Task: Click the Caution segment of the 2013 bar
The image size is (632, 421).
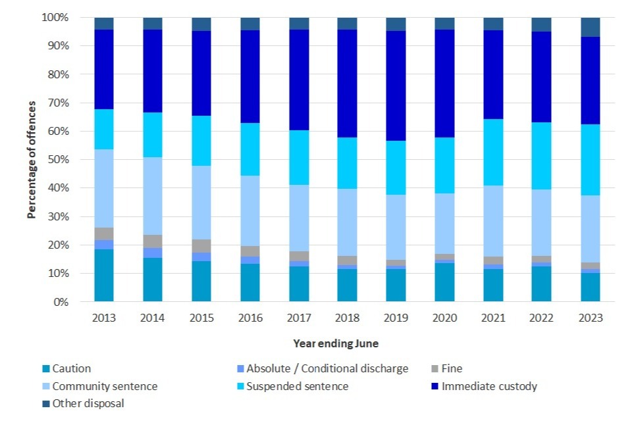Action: [x=104, y=275]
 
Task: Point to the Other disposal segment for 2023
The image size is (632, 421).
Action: [x=591, y=27]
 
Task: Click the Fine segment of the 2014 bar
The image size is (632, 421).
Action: [x=153, y=241]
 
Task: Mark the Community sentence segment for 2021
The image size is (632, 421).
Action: [x=493, y=221]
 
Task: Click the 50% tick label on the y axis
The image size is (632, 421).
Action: [x=57, y=160]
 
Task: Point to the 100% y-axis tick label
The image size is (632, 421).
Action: [x=55, y=18]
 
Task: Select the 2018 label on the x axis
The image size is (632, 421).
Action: [x=347, y=317]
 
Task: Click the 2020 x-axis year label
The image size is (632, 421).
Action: [x=444, y=317]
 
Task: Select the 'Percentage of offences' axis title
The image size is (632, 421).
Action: [x=31, y=160]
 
